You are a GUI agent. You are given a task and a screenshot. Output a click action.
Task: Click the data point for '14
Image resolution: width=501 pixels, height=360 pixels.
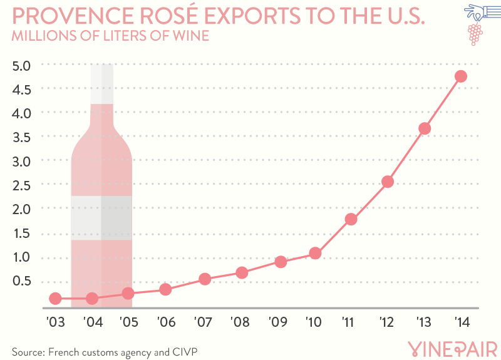461,76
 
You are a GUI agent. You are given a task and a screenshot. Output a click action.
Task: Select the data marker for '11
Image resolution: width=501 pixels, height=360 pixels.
351,219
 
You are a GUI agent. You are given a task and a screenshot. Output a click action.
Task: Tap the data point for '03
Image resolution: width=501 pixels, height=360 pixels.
55,299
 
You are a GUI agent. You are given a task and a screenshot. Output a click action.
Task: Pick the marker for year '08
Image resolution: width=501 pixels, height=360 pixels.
242,272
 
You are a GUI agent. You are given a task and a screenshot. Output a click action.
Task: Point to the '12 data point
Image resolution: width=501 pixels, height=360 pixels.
387,182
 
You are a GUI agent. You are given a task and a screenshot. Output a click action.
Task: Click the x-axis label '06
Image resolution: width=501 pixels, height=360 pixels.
165,323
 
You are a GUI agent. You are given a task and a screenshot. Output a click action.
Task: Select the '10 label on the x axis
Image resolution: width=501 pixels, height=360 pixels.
313,323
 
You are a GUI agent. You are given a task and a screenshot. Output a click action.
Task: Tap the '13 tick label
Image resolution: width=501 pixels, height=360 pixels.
424,323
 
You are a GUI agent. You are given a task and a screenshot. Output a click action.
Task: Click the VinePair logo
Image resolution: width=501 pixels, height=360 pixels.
452,348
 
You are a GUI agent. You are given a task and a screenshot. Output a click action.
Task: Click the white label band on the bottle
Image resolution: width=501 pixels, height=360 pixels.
101,218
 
